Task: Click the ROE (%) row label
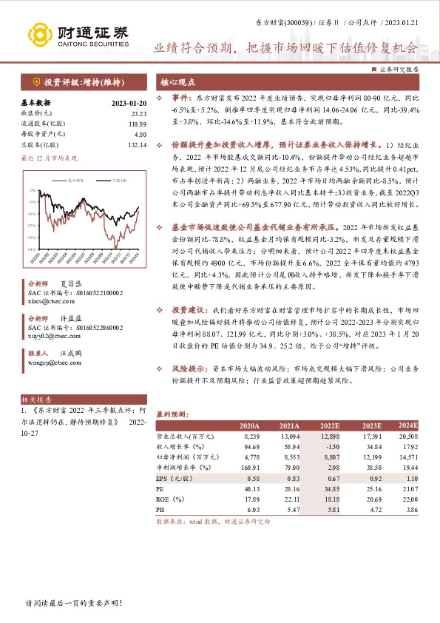click(x=172, y=499)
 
